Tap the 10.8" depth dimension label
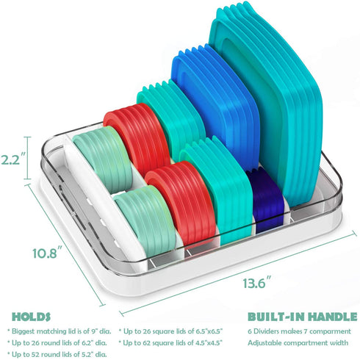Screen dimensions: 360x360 [x=46, y=253]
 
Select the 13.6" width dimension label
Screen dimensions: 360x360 [x=257, y=282]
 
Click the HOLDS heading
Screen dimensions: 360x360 [x=32, y=317]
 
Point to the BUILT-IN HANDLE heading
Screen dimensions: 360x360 [x=303, y=317]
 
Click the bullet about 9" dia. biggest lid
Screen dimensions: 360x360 [x=60, y=331]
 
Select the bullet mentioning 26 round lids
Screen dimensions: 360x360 [x=57, y=343]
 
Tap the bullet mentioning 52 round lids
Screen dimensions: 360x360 [x=57, y=354]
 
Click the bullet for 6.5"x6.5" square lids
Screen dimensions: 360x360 [x=170, y=331]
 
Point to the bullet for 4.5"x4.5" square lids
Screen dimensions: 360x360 [x=170, y=343]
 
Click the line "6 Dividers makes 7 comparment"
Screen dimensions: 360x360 [x=299, y=331]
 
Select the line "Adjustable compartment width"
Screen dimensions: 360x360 [x=298, y=343]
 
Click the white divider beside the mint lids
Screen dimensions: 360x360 [x=103, y=196]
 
